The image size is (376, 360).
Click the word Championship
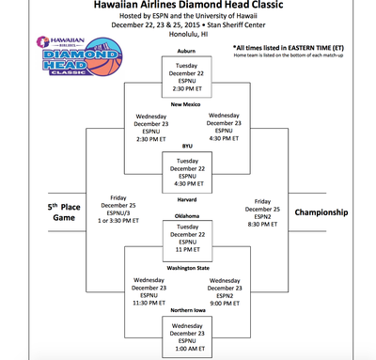tap(321, 211)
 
